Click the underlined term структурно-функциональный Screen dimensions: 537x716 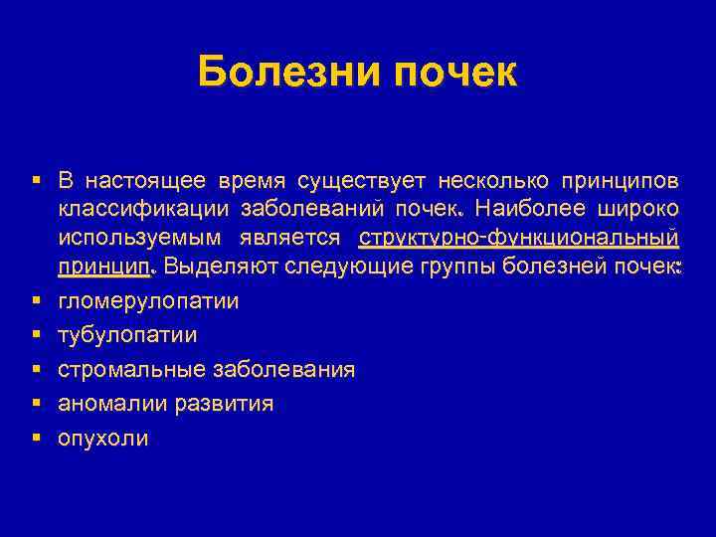tap(519, 238)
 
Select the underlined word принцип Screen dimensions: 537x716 tap(103, 266)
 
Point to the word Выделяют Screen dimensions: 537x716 tap(221, 266)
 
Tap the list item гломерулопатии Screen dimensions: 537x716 tap(148, 299)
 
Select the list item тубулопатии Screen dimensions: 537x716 tap(127, 334)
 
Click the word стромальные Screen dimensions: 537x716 tap(130, 369)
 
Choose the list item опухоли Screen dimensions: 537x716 tap(103, 438)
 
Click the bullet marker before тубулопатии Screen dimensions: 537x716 tap(35, 334)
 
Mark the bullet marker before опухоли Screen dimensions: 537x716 tap(35, 437)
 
